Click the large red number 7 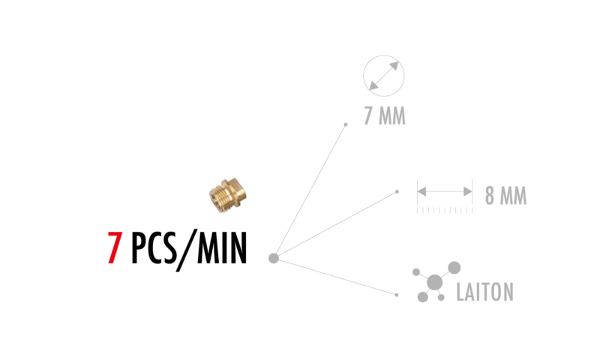click(x=114, y=248)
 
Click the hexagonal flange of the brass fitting click(x=235, y=190)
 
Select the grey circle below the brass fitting click(x=274, y=258)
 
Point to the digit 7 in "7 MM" click(x=368, y=116)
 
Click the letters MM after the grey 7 click(x=392, y=116)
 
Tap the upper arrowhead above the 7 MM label click(x=394, y=66)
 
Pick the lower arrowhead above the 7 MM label click(x=373, y=85)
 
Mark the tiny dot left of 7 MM click(x=346, y=124)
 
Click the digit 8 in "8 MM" click(x=490, y=196)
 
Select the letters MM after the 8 click(x=514, y=196)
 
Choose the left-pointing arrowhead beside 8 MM click(x=422, y=191)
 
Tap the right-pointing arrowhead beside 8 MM click(x=467, y=191)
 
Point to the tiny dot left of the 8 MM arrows click(x=397, y=191)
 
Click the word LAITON click(x=484, y=292)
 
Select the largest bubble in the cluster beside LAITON click(x=434, y=283)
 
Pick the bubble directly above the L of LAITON click(x=454, y=268)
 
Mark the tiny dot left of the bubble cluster click(x=397, y=295)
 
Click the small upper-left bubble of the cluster click(x=416, y=272)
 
